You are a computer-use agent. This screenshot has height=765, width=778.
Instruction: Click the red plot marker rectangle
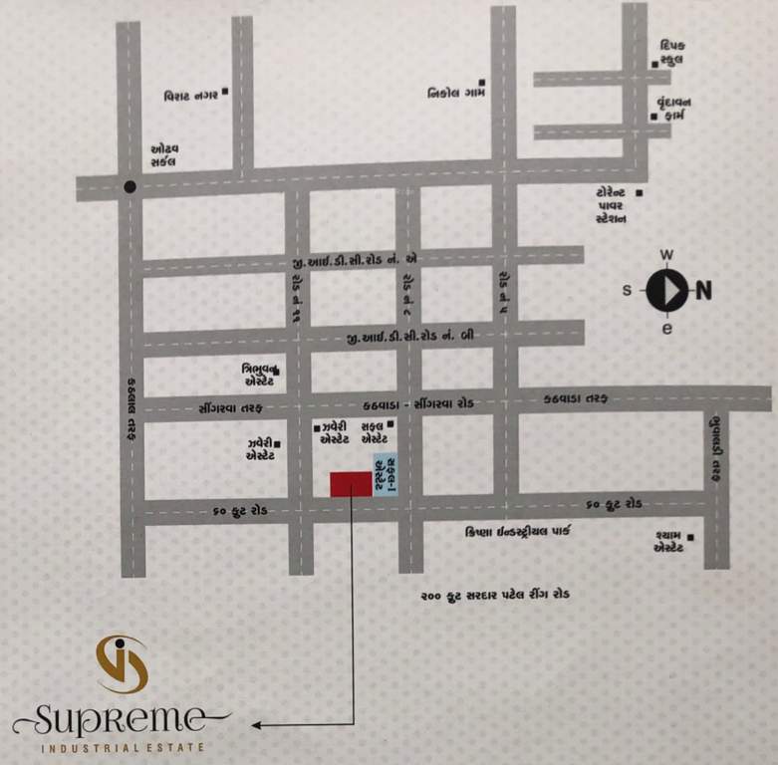click(351, 484)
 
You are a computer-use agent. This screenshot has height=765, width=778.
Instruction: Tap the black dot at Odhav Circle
click(130, 186)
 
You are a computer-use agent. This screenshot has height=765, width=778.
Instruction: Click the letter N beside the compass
click(703, 291)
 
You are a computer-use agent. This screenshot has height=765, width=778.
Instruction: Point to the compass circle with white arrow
click(666, 291)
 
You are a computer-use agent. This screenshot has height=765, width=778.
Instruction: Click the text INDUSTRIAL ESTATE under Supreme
click(123, 746)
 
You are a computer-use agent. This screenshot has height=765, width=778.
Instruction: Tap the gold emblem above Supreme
click(123, 663)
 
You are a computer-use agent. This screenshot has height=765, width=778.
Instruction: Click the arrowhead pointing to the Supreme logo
click(257, 725)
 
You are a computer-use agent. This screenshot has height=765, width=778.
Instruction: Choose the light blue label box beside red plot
click(383, 474)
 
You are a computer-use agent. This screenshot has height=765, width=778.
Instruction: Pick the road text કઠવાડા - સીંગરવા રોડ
click(417, 403)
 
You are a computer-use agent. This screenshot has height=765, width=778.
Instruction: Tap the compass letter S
click(628, 291)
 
